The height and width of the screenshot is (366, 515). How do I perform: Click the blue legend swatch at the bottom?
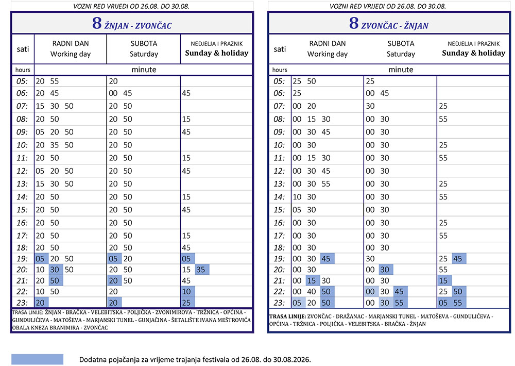click(x=37, y=359)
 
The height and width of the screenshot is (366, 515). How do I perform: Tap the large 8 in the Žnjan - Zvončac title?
click(x=97, y=23)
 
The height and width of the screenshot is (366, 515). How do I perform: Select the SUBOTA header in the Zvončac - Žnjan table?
click(x=401, y=43)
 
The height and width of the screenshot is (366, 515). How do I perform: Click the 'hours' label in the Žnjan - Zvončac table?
click(x=23, y=70)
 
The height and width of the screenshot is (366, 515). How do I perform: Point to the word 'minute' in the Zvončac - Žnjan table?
click(x=401, y=70)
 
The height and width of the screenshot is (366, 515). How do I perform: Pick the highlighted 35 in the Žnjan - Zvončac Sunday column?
click(x=201, y=270)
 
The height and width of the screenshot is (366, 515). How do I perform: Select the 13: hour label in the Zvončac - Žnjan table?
click(x=279, y=184)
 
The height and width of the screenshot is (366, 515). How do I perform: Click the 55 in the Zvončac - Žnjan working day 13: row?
click(x=326, y=184)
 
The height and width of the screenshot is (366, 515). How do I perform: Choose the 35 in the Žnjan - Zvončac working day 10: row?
click(x=55, y=145)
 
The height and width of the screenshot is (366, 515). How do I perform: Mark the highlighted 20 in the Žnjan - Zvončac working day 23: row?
click(x=40, y=303)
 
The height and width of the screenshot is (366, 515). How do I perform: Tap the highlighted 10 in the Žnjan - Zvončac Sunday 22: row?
click(x=186, y=291)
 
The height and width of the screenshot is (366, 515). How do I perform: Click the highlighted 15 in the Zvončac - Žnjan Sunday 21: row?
click(x=443, y=280)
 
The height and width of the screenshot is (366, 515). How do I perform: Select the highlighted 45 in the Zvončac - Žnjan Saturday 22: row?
click(x=399, y=291)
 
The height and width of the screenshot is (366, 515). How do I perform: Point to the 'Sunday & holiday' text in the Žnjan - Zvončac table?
click(x=217, y=53)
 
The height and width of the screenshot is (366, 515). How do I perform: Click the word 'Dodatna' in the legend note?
click(x=92, y=359)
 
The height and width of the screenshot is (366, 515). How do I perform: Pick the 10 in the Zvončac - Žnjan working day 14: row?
click(x=297, y=196)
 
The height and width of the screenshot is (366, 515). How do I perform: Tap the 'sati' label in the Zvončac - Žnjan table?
click(x=280, y=49)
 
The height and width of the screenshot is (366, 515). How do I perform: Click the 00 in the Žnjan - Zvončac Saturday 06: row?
click(x=113, y=93)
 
